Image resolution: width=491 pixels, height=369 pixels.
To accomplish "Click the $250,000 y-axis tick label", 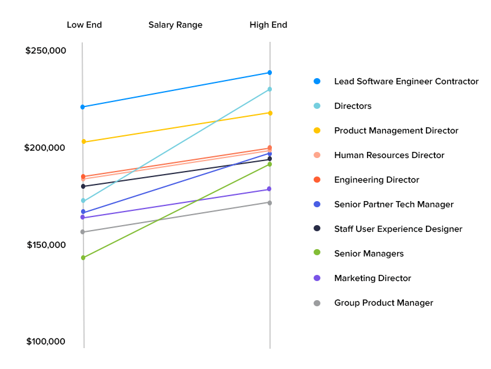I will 45,50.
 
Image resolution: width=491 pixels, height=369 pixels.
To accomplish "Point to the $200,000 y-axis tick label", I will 45,148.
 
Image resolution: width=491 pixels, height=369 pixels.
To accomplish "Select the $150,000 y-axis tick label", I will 46,245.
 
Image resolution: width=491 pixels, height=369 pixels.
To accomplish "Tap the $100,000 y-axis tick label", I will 45,342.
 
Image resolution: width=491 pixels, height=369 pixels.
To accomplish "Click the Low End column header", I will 84,25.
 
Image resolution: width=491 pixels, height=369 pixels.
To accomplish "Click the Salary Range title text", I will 176,25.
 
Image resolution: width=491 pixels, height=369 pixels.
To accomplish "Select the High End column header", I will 268,25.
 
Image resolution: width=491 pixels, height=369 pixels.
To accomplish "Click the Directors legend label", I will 353,106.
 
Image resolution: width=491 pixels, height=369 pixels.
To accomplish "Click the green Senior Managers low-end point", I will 83,258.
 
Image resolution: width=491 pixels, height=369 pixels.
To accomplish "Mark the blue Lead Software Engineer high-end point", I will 269,73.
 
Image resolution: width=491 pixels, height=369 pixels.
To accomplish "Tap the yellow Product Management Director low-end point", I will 83,142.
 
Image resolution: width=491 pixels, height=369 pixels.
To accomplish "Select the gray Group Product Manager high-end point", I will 269,203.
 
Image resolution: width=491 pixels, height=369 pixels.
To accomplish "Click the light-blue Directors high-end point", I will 269,89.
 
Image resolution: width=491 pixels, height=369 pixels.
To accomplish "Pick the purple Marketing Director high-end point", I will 269,189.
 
